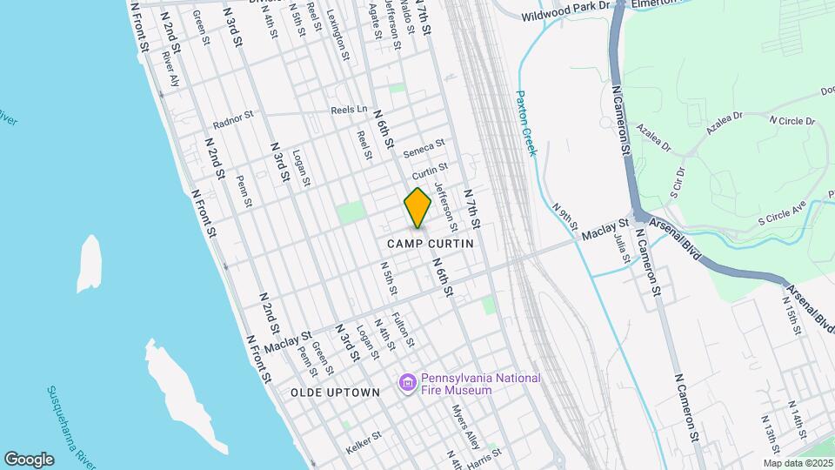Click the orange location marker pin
(417, 208)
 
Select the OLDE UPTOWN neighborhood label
(335, 393)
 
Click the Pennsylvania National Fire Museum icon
(406, 383)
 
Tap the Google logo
(29, 459)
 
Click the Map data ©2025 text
(798, 462)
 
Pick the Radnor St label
(232, 117)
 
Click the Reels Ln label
(350, 110)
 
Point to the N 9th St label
(564, 215)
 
